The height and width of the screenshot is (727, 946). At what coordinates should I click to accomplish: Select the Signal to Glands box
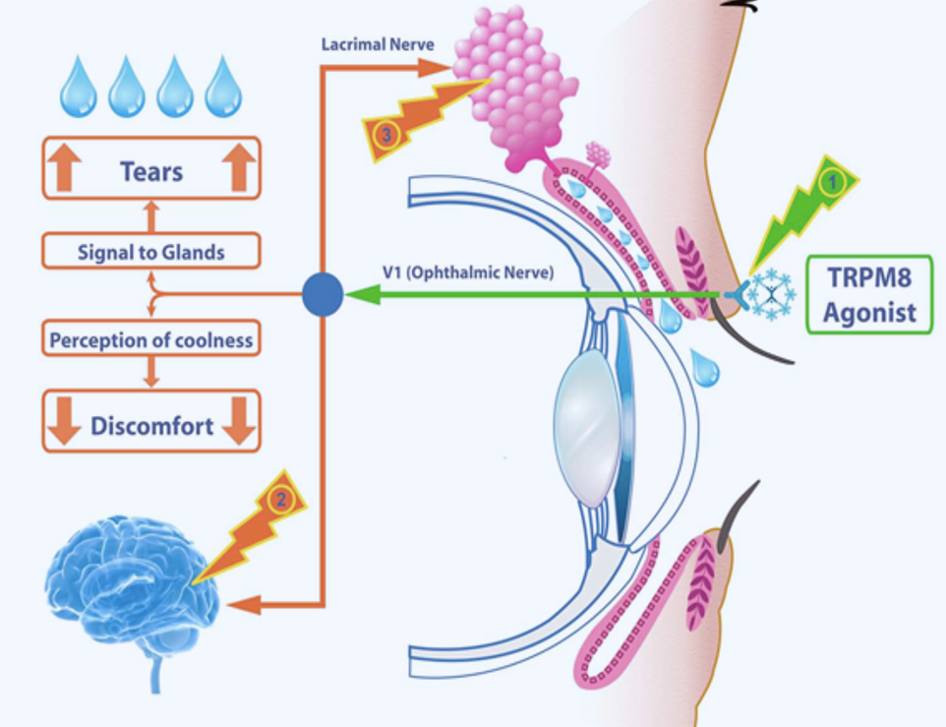[150, 252]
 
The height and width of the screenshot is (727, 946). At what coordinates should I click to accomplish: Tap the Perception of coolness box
[150, 341]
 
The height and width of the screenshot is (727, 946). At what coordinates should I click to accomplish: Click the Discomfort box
[150, 426]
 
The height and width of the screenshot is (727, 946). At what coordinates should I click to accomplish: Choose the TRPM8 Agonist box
[868, 295]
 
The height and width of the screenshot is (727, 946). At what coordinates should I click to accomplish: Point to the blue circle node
[322, 294]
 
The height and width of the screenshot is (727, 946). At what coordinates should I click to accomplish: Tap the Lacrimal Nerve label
[377, 44]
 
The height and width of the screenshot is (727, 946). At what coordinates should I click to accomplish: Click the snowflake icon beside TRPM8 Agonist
[773, 293]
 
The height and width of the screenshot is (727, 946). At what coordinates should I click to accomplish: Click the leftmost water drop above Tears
[79, 88]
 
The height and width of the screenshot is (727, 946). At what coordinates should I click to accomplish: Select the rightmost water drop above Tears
[222, 88]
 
